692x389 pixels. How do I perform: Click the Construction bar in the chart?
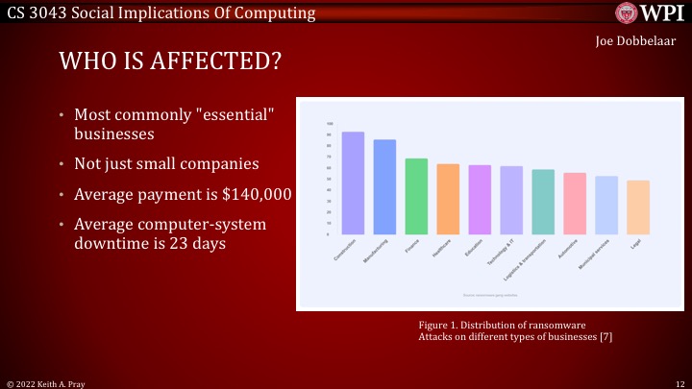click(353, 183)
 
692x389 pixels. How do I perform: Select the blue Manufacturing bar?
click(384, 187)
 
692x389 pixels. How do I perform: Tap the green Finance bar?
click(416, 197)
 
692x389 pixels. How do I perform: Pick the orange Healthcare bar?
click(448, 200)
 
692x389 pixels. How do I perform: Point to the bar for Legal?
click(638, 207)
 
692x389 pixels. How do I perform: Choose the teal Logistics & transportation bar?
click(543, 203)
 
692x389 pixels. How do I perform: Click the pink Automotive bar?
click(575, 204)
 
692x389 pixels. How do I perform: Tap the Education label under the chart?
click(474, 246)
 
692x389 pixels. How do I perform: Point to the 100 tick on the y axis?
click(330, 124)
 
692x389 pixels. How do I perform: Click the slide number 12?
click(679, 382)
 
